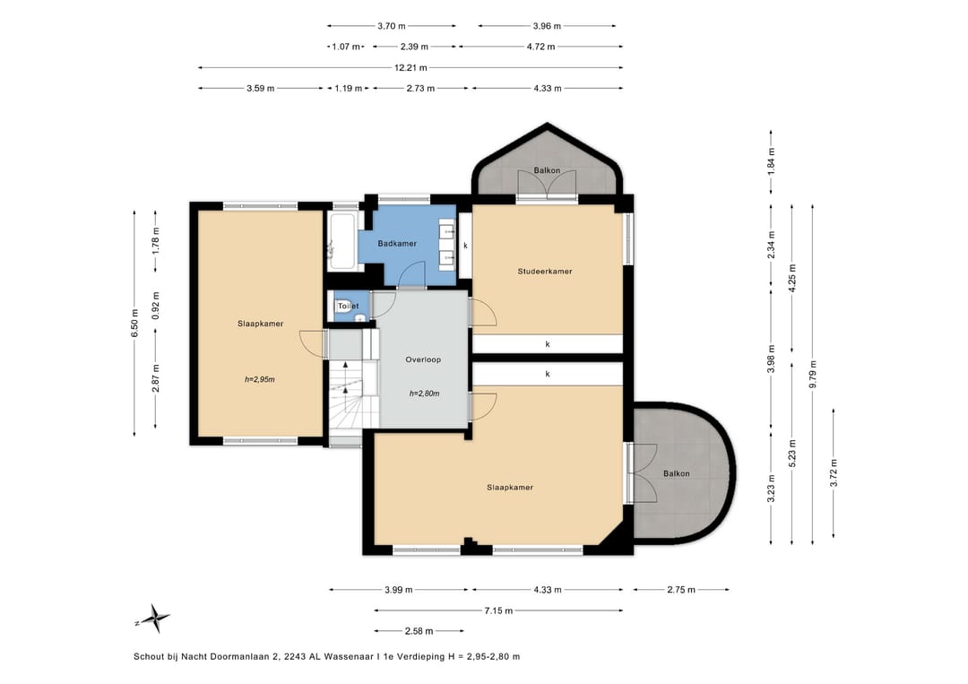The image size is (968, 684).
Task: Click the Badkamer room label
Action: coord(397,244)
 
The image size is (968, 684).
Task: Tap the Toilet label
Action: coord(348,307)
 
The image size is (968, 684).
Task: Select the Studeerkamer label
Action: coord(545,272)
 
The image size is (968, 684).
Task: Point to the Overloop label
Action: coord(423,359)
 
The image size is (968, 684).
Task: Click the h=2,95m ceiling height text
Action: coord(259,380)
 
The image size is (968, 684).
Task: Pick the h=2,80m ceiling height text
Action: coord(424,394)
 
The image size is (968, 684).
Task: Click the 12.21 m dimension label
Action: coord(411,68)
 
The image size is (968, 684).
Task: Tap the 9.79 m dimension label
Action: coord(812,374)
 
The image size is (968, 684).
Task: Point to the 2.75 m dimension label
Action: coord(681,590)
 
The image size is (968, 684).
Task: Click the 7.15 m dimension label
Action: coord(498,611)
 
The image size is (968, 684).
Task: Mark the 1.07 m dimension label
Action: coord(346,47)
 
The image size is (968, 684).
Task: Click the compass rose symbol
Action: coord(156,618)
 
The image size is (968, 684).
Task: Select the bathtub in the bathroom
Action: coord(342,241)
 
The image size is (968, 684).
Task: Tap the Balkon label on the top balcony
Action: coord(547,171)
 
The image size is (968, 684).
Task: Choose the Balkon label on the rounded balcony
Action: coord(677,474)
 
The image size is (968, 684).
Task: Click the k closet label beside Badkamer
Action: coord(465,246)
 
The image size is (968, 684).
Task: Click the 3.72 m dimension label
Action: coord(834,472)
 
